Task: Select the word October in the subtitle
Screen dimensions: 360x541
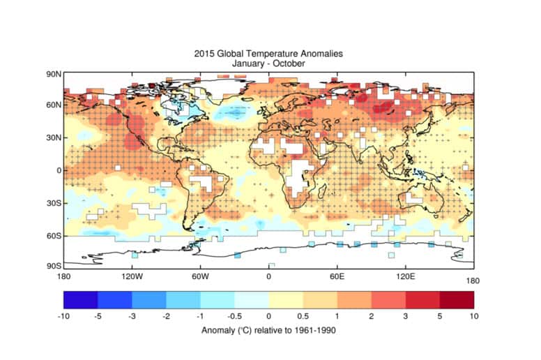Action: [x=288, y=64]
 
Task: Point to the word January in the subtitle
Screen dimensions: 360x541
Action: [x=234, y=64]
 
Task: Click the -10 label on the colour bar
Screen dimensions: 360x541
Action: [x=65, y=316]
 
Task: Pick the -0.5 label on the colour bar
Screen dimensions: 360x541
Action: [x=235, y=316]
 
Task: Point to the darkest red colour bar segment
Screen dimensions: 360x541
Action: [x=457, y=299]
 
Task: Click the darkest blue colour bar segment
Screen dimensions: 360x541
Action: [x=80, y=299]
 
